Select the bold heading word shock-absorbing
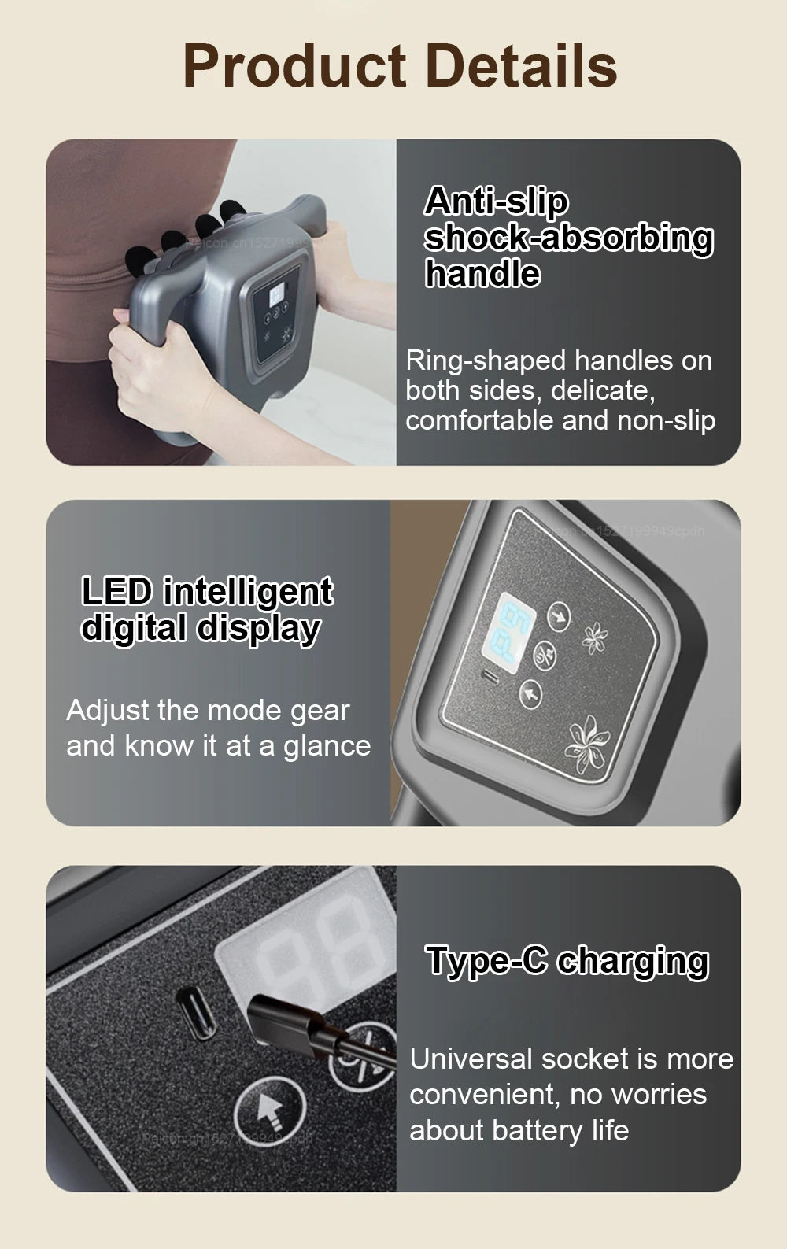[568, 238]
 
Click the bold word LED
[117, 592]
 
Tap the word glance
[327, 746]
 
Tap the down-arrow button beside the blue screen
[558, 615]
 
